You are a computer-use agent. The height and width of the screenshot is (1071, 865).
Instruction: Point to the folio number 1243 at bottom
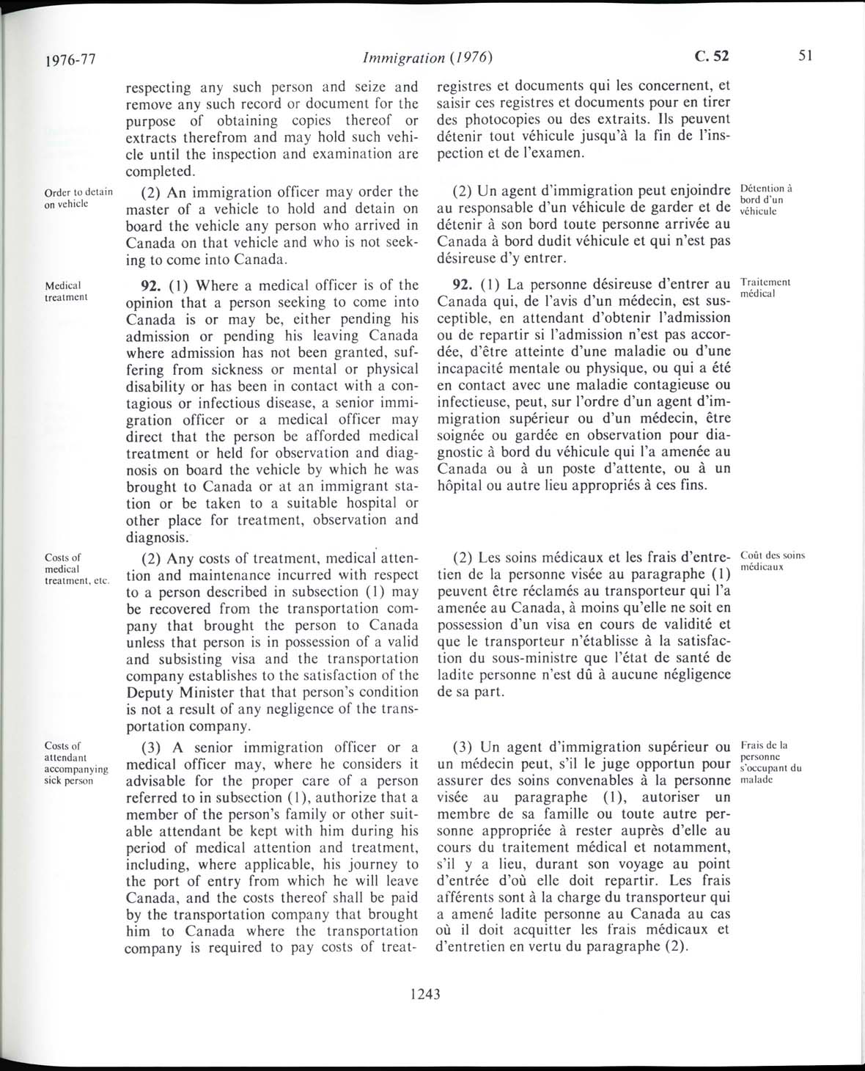tap(425, 994)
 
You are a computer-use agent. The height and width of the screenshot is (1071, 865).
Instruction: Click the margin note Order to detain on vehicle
tap(78, 198)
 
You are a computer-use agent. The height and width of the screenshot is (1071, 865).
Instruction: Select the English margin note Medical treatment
tap(67, 291)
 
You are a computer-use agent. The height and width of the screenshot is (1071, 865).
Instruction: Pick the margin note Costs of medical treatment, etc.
tap(77, 569)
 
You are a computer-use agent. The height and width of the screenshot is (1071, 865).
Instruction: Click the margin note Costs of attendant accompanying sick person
tap(76, 763)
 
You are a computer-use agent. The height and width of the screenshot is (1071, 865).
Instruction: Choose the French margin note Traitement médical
tap(765, 288)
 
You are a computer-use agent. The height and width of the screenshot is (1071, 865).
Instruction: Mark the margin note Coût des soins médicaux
tap(773, 561)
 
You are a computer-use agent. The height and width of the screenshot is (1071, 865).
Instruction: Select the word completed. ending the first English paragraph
tap(161, 172)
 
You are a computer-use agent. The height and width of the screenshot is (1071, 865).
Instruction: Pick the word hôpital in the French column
tap(462, 486)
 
